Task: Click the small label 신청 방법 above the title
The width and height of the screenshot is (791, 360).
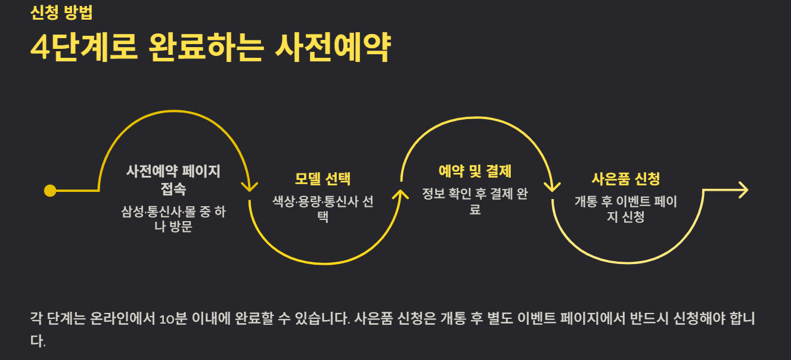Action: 61,13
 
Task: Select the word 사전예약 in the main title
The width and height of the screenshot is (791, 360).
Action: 332,48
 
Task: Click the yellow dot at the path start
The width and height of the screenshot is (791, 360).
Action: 50,191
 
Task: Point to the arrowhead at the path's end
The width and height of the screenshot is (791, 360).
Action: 743,190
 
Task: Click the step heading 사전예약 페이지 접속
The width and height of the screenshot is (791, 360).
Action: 173,180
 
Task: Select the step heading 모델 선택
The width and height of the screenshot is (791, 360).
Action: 322,179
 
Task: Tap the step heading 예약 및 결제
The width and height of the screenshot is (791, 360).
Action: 474,172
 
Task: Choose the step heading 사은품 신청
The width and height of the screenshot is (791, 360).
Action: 625,179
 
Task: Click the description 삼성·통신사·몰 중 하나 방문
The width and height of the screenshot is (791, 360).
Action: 173,219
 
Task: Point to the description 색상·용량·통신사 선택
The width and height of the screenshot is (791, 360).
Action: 322,209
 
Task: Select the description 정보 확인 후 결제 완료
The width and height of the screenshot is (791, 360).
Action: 474,201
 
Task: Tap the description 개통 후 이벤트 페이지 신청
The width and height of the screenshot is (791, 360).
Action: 625,209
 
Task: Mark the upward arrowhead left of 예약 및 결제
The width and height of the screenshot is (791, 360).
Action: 401,194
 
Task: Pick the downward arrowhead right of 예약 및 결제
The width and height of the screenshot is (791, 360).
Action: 553,186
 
